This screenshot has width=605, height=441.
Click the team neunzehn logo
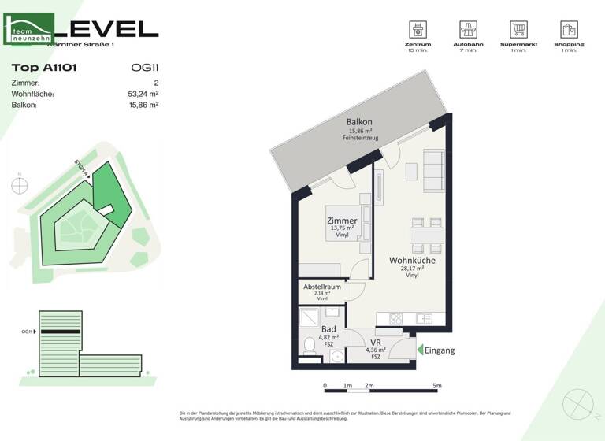click(29, 29)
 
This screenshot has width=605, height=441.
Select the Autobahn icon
click(469, 30)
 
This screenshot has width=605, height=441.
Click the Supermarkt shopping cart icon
click(518, 30)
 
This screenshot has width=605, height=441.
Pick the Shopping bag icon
click(569, 30)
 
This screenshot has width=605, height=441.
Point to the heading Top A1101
click(44, 69)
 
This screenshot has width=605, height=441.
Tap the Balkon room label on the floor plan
click(359, 122)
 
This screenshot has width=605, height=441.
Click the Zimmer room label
click(342, 221)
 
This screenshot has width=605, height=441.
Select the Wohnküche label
click(411, 260)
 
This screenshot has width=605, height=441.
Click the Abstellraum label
click(322, 287)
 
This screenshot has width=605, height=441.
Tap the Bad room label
click(328, 329)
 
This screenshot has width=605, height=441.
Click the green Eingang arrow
click(421, 350)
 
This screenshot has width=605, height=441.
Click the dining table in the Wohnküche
click(426, 234)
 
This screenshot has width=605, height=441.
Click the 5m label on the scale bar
click(438, 386)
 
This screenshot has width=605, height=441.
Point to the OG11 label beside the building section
click(28, 332)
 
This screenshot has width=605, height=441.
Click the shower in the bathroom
click(310, 317)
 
